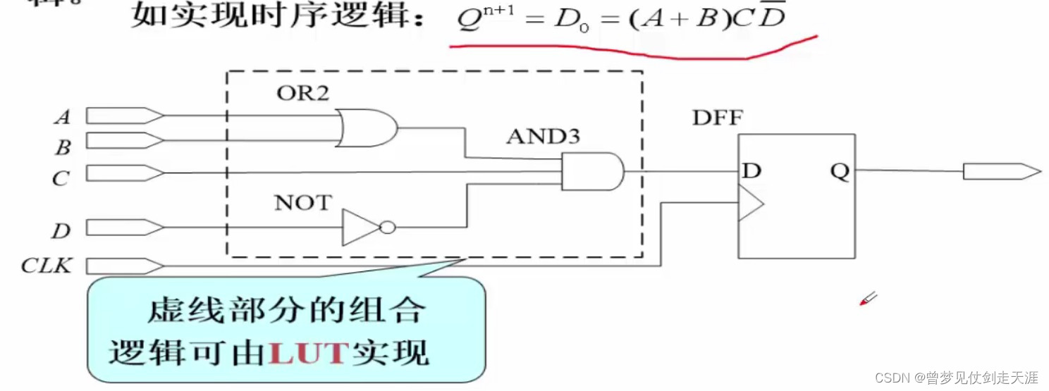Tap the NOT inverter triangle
[360, 228]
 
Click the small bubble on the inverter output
[387, 228]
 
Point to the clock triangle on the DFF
[751, 203]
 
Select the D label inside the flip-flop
[752, 171]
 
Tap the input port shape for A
[124, 115]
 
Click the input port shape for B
[124, 141]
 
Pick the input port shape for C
[124, 173]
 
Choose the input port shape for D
[124, 227]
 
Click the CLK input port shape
[124, 266]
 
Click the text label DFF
[717, 118]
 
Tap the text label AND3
[543, 136]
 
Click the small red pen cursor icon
[868, 299]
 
